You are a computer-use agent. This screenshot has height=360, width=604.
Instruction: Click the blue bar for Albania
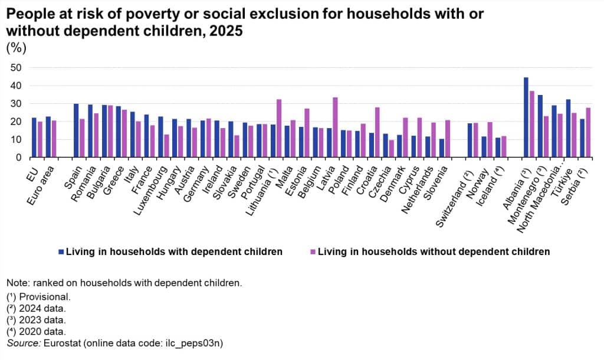pyautogui.click(x=526, y=117)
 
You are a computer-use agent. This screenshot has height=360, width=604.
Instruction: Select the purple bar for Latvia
pyautogui.click(x=335, y=127)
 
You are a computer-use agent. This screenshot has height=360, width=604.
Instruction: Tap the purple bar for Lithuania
pyautogui.click(x=279, y=128)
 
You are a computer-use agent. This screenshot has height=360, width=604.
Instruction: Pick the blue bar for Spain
pyautogui.click(x=76, y=130)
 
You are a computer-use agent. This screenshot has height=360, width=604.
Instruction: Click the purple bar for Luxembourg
pyautogui.click(x=166, y=146)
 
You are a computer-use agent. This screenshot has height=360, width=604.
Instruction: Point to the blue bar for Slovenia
pyautogui.click(x=442, y=148)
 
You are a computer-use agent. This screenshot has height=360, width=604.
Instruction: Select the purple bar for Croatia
pyautogui.click(x=377, y=132)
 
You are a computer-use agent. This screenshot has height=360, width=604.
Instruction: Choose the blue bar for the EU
pyautogui.click(x=34, y=138)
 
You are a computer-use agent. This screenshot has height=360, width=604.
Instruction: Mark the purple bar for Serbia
pyautogui.click(x=588, y=133)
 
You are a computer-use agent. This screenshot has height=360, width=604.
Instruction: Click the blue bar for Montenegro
pyautogui.click(x=540, y=126)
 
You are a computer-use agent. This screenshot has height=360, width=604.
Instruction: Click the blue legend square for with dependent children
pyautogui.click(x=61, y=252)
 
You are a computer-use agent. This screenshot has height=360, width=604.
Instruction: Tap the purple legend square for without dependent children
pyautogui.click(x=313, y=252)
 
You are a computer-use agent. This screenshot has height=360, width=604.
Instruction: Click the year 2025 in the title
pyautogui.click(x=226, y=31)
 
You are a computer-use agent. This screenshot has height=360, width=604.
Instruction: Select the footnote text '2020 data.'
pyautogui.click(x=42, y=332)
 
